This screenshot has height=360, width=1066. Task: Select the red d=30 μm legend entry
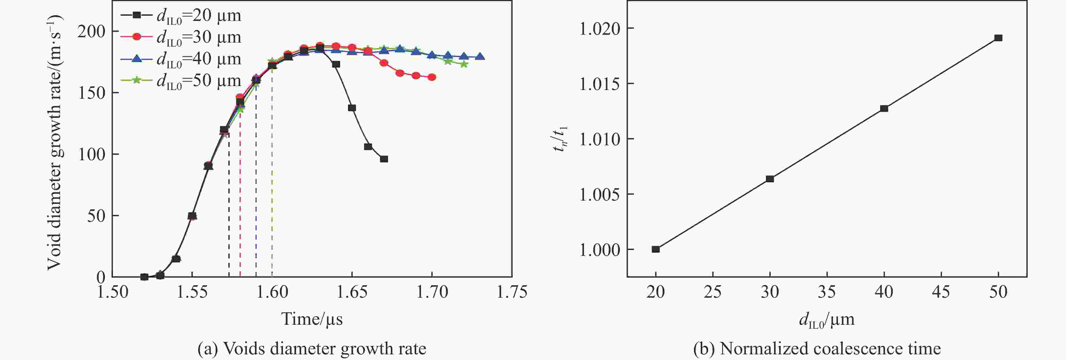(x=181, y=37)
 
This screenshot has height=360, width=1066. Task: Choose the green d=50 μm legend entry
(x=181, y=81)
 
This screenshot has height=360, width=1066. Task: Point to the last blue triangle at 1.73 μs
(x=480, y=57)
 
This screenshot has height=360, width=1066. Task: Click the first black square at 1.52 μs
(x=144, y=277)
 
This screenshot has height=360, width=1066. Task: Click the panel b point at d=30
(x=770, y=179)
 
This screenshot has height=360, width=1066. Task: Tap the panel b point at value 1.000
(x=655, y=249)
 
